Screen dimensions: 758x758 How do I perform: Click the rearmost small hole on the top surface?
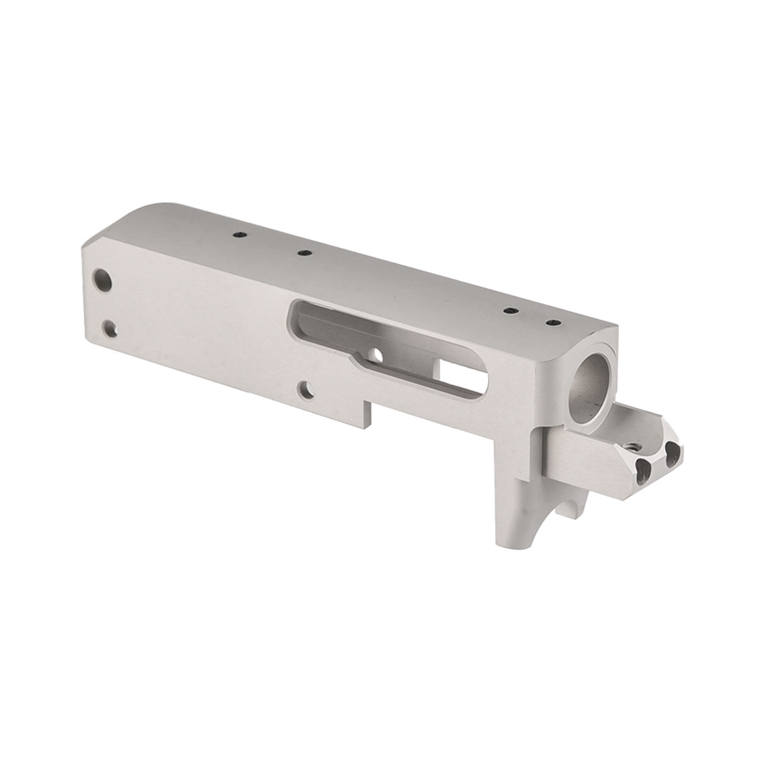coord(239,234)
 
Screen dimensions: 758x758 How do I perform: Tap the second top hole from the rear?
coord(304,253)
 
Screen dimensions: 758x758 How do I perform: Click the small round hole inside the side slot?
coord(377,354)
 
